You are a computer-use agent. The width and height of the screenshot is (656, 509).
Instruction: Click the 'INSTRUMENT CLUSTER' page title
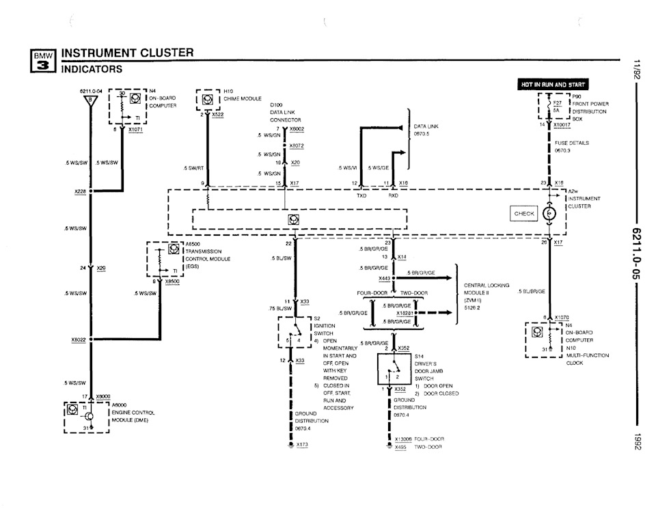(x=128, y=53)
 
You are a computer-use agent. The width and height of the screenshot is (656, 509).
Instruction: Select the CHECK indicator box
(x=524, y=214)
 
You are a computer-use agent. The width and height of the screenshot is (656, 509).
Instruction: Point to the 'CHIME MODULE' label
(x=243, y=98)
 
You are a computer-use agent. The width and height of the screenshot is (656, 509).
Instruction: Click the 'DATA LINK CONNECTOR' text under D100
(x=285, y=115)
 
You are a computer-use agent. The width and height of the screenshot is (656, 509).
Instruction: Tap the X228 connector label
(x=80, y=192)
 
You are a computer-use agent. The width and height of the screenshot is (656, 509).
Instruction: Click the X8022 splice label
(x=79, y=339)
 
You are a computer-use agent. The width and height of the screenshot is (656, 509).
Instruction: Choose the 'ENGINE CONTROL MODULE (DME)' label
(x=133, y=416)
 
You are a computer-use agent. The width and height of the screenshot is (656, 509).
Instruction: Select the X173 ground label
(x=302, y=445)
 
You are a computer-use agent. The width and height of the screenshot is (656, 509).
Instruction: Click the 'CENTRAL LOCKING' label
(x=487, y=286)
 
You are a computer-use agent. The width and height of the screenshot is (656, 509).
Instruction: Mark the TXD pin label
(x=361, y=195)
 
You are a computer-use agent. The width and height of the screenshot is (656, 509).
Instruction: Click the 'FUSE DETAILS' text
(x=571, y=143)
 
